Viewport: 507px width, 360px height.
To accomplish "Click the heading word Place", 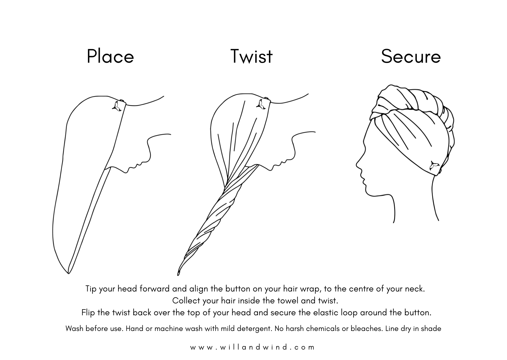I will coord(110,56).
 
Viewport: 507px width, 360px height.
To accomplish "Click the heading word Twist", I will coord(251,56).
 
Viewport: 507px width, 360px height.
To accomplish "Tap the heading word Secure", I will coord(411,56).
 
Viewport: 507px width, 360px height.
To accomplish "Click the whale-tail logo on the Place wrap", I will coord(117,106).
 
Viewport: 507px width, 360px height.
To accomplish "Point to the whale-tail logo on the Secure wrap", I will coord(434,166).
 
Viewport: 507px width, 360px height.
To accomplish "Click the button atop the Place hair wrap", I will coord(122,101).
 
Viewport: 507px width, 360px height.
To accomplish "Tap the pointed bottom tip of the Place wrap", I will coord(68,272).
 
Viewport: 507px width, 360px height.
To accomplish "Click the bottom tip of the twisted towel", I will coord(178,274).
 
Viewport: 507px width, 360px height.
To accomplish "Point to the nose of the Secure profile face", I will coord(357,165).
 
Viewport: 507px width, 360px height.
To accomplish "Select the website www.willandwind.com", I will coord(252,347).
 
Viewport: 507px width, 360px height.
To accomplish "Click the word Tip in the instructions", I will coord(91,289).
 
